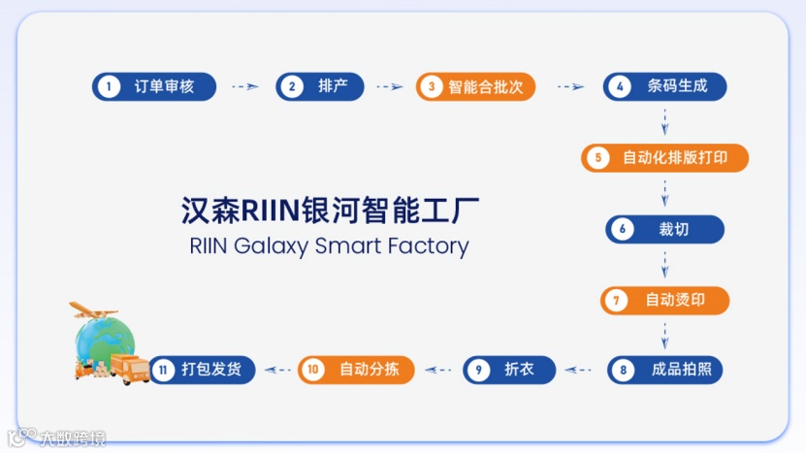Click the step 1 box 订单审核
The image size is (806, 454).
click(x=154, y=86)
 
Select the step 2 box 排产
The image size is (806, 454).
click(x=319, y=86)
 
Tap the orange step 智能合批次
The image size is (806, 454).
click(x=475, y=86)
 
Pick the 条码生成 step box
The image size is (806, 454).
click(x=664, y=86)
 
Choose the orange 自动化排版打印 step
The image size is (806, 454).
click(x=664, y=157)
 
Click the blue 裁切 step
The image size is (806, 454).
click(x=664, y=229)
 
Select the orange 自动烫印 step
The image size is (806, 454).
click(x=664, y=300)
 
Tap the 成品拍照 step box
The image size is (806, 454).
click(x=664, y=370)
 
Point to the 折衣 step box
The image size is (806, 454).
click(x=510, y=370)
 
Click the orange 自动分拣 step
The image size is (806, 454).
click(x=355, y=370)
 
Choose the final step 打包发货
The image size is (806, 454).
click(x=202, y=370)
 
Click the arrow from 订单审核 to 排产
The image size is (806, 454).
click(x=245, y=86)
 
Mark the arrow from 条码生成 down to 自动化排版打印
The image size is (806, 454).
click(x=664, y=121)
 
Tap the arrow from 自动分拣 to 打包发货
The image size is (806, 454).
click(x=279, y=370)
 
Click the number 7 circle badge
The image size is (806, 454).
click(x=615, y=300)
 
